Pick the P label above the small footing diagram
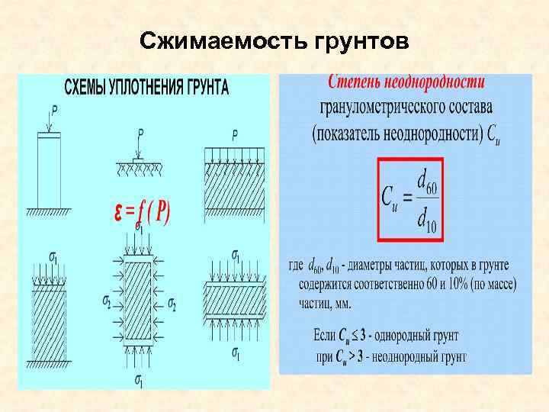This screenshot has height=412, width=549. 140,134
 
